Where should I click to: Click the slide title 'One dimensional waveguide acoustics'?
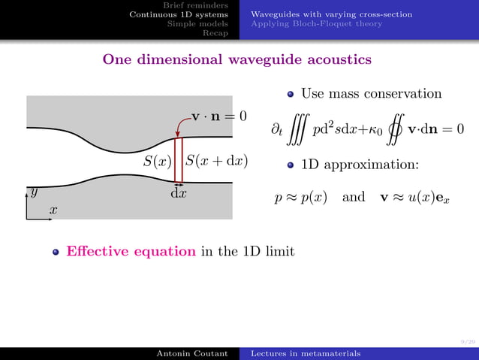click(236, 59)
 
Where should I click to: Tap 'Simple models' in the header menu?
click(198, 23)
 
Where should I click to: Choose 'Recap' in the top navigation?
click(216, 32)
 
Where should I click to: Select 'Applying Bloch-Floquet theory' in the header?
click(316, 23)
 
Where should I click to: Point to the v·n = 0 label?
click(219, 116)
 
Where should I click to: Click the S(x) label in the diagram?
click(158, 161)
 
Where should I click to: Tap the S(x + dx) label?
click(216, 161)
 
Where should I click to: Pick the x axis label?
click(53, 211)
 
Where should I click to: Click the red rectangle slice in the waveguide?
click(179, 159)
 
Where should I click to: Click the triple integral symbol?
click(297, 131)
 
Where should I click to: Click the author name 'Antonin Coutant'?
click(191, 353)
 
